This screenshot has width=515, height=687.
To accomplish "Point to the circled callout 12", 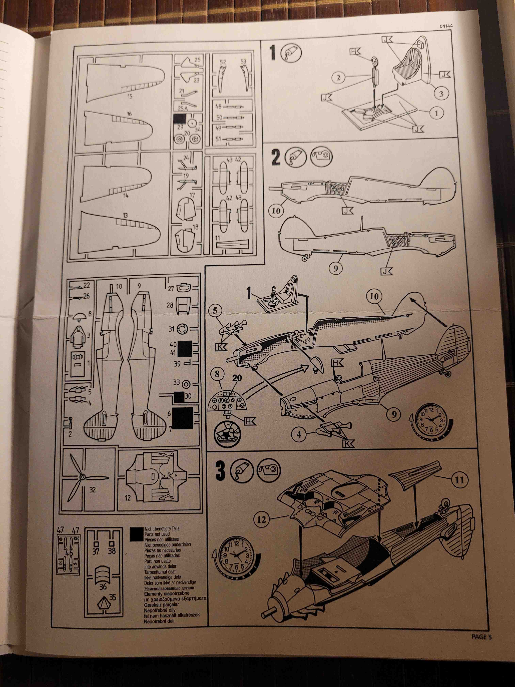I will pos(262,519).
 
